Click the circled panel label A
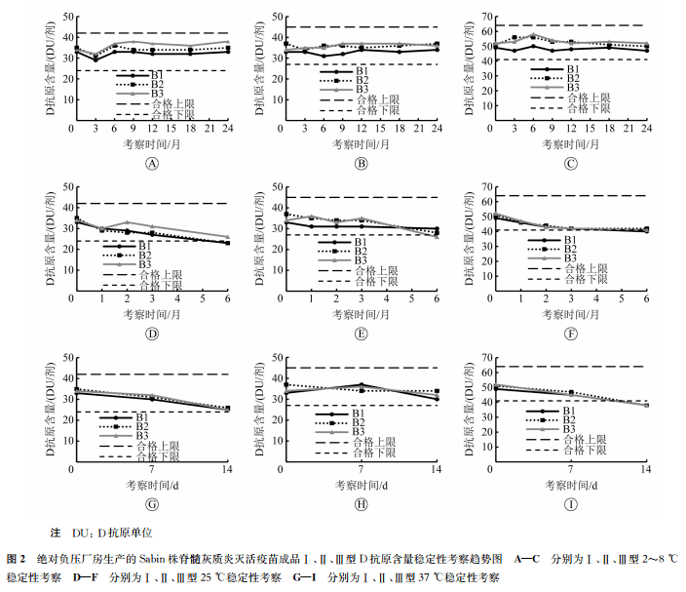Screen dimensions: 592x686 point(151,163)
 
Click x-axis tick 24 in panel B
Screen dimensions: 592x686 point(437,129)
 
